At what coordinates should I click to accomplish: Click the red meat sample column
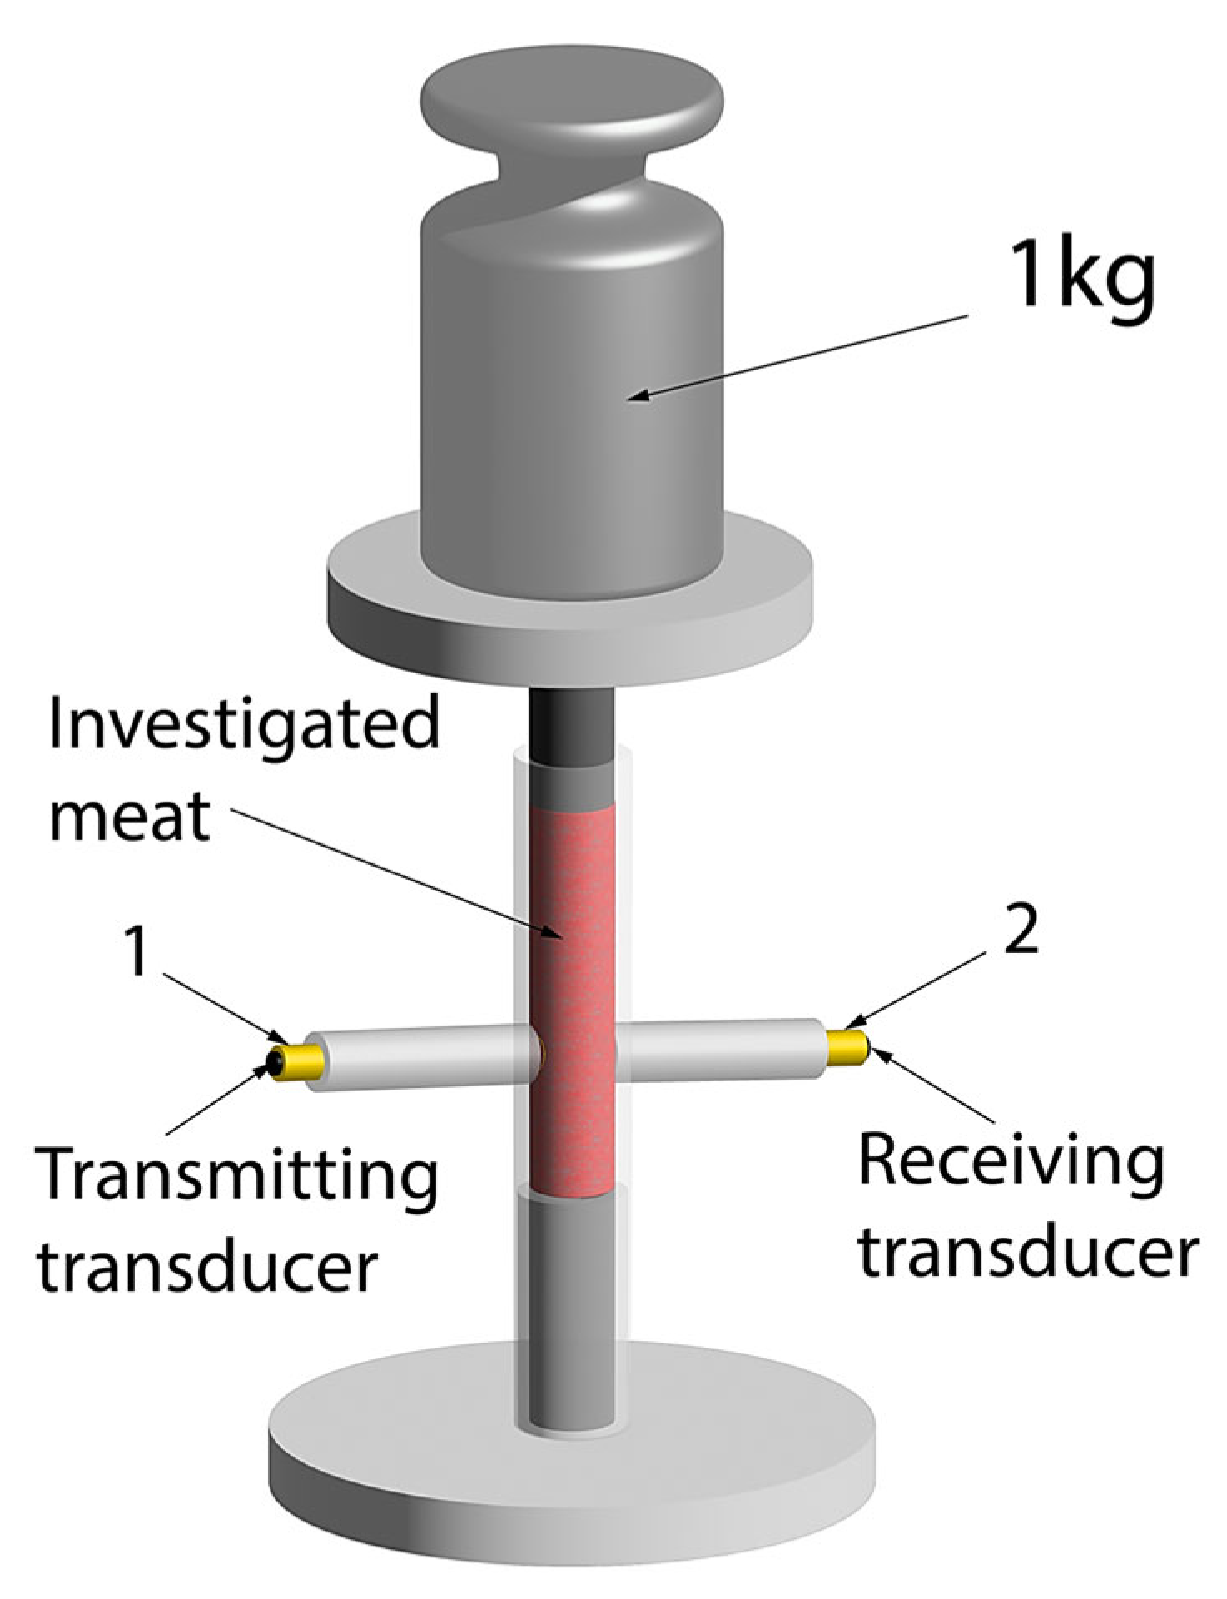point(573,999)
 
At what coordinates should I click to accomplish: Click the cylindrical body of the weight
point(572,400)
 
